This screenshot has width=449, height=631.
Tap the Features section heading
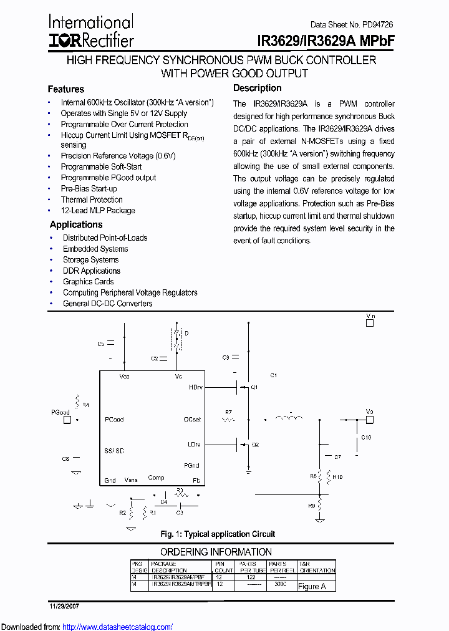(x=65, y=89)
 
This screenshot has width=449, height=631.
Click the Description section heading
(x=257, y=88)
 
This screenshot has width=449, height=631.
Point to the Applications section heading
(x=76, y=224)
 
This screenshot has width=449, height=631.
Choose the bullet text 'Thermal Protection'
(x=92, y=200)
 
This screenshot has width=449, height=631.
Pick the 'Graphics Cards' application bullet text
(x=88, y=282)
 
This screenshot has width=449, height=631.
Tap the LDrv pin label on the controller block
(x=195, y=445)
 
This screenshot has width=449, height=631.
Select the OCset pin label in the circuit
(x=193, y=420)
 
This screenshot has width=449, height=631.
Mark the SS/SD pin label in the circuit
(x=114, y=451)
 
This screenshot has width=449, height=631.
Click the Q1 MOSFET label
(x=254, y=387)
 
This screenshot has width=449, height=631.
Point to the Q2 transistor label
(x=254, y=445)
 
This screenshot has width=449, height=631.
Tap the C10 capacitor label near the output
(x=365, y=438)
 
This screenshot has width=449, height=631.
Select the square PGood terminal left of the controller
(x=67, y=420)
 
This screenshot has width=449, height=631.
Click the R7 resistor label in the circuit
(x=228, y=412)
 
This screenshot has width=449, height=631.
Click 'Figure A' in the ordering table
(x=312, y=586)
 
